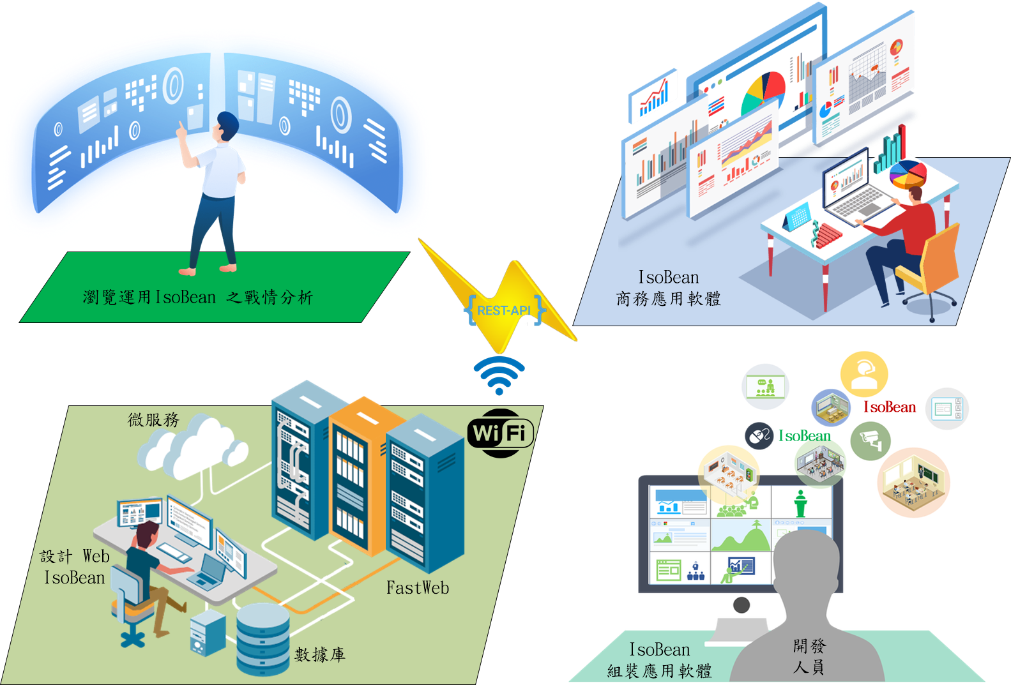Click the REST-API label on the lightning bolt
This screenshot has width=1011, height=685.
(x=504, y=310)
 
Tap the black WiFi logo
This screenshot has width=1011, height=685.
(x=500, y=433)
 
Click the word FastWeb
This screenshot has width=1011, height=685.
(x=418, y=588)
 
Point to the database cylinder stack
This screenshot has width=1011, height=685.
(x=262, y=638)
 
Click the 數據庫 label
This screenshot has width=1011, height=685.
(x=320, y=654)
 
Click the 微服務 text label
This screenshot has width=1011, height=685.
(x=154, y=419)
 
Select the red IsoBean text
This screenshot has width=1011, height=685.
(x=890, y=407)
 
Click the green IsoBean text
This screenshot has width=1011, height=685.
(x=805, y=436)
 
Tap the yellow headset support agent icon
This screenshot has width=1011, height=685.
(x=863, y=373)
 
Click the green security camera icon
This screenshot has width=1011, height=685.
(x=870, y=440)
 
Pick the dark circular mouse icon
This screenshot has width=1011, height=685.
(x=759, y=437)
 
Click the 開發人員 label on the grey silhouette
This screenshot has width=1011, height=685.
(x=809, y=656)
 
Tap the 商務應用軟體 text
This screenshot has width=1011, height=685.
(x=668, y=299)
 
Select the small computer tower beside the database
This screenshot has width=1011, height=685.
(x=208, y=633)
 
